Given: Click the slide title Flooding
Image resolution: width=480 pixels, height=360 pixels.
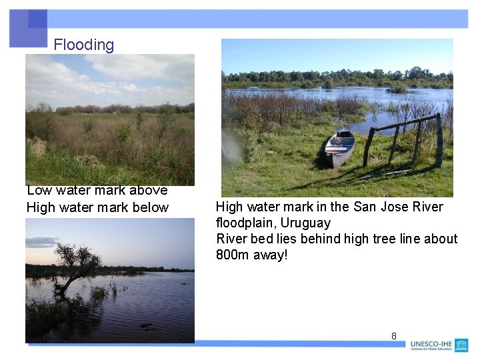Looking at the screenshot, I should point(83,45).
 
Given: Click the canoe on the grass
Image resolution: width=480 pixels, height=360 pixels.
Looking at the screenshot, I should point(339,147).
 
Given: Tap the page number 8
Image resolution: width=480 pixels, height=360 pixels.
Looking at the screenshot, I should point(393,336).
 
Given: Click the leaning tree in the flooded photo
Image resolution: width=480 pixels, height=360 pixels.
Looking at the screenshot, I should point(75,263).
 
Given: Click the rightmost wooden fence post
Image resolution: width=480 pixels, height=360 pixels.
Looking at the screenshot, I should point(439,141).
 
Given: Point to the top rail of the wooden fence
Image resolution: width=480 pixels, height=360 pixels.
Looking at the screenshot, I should point(404,123).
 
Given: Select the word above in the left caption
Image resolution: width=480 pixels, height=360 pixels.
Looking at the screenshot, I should point(149,191).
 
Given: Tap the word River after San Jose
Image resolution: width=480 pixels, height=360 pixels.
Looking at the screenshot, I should point(428,207).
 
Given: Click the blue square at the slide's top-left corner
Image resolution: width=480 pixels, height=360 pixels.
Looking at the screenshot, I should point(28,28).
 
